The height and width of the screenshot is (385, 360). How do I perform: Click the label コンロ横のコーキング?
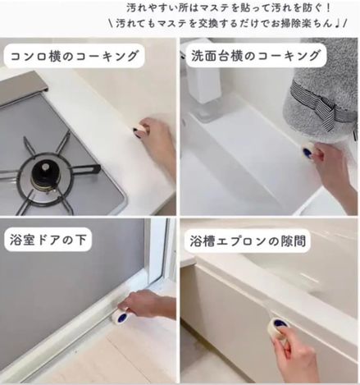[x=74, y=56]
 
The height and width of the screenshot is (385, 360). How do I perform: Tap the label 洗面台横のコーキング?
[x=255, y=56]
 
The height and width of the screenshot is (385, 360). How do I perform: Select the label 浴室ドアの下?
[x=48, y=240]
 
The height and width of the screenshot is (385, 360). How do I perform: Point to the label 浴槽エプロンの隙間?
[x=248, y=241]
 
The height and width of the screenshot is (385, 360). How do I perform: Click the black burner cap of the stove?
[x=45, y=172]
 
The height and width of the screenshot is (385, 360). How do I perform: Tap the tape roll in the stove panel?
[x=140, y=131]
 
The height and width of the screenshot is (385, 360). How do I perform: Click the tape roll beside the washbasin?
[x=309, y=151]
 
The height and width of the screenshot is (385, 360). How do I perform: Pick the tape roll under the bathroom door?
[x=121, y=316]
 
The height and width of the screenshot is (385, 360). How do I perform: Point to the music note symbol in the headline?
[x=337, y=24]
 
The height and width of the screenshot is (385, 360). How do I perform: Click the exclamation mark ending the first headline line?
[x=328, y=8]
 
